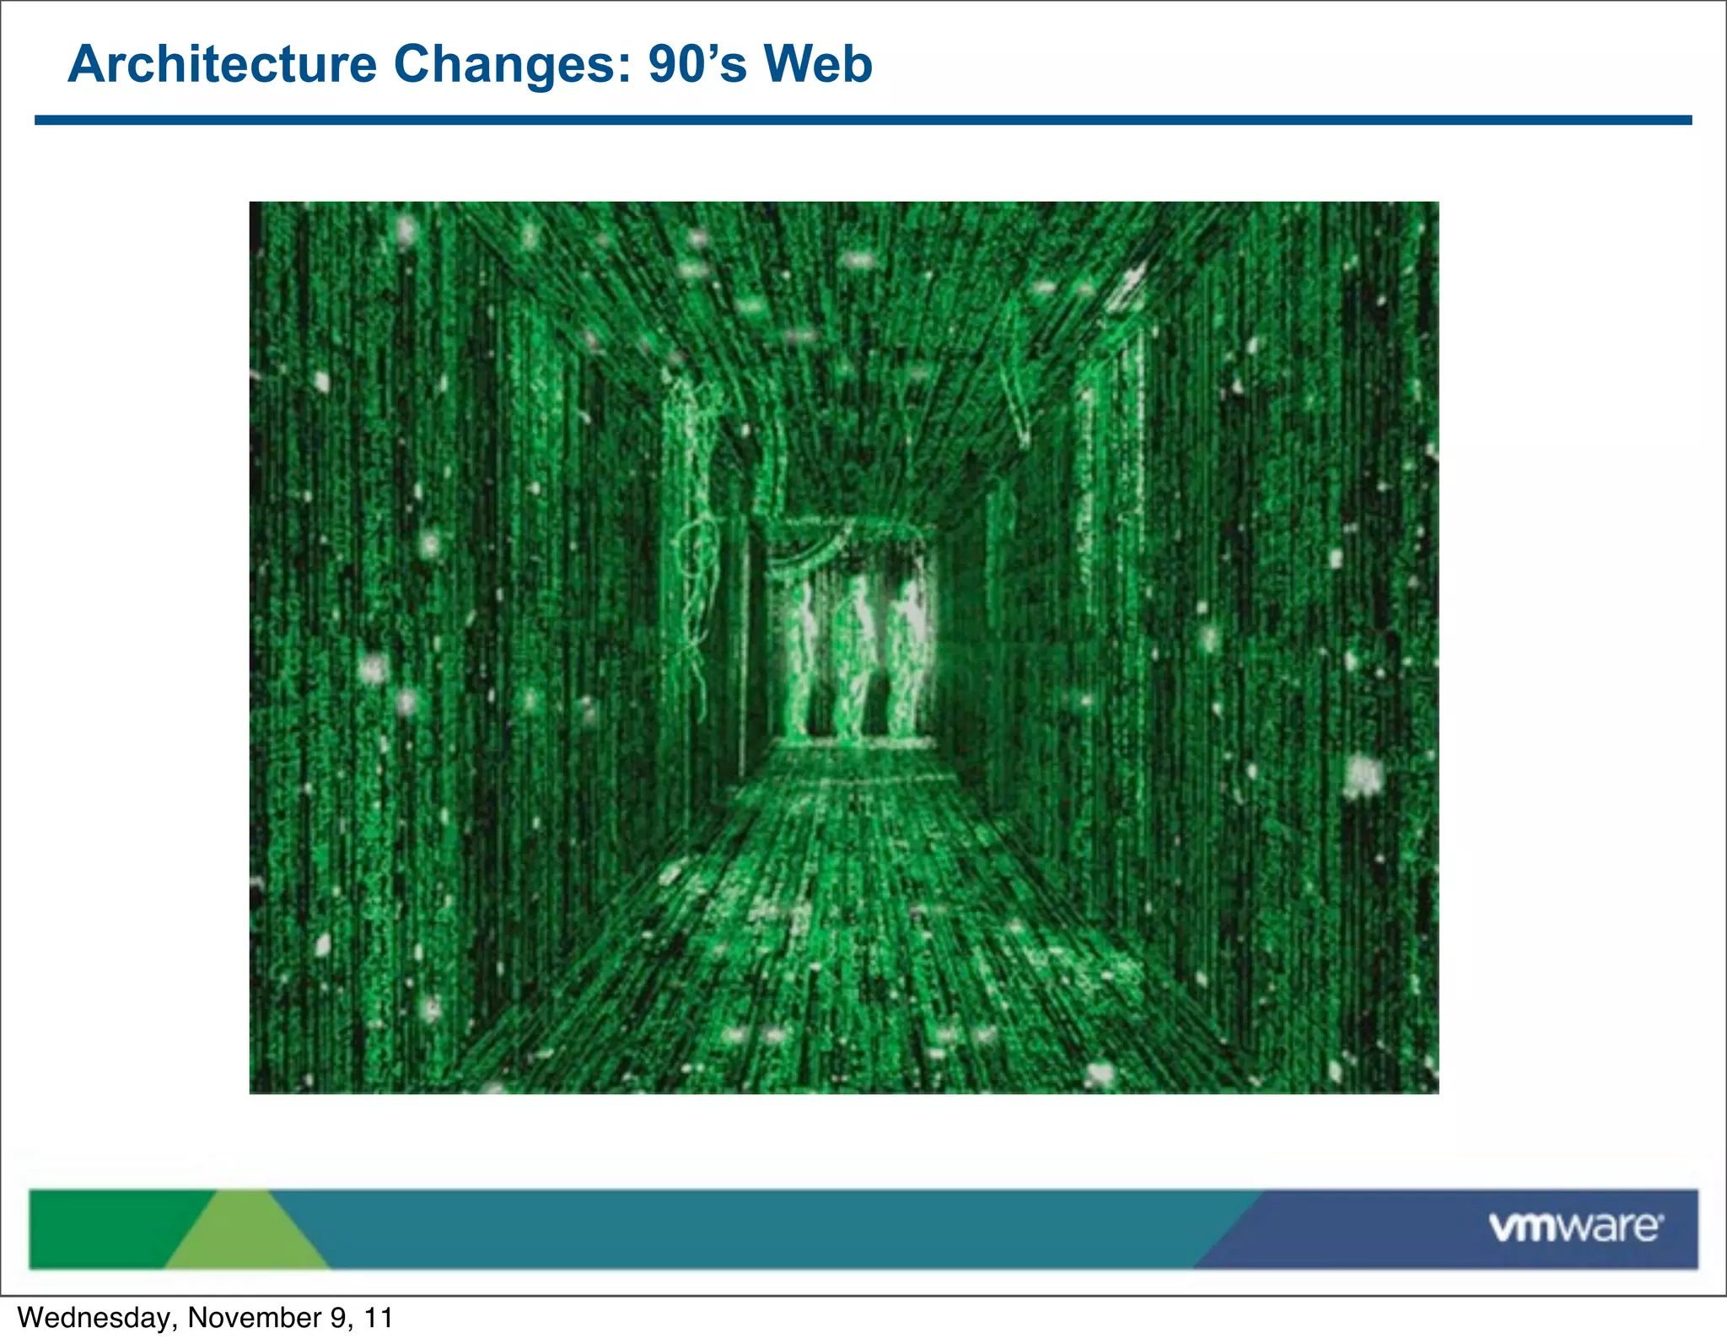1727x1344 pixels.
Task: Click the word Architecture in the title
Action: pos(223,64)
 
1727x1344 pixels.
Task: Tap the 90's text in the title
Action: pos(697,64)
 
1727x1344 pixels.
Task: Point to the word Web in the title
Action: pos(817,64)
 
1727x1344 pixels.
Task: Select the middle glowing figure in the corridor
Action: pos(854,654)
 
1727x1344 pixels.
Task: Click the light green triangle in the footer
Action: pos(245,1236)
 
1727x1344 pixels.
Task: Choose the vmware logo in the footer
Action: pos(1575,1227)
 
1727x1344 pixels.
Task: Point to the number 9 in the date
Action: pos(340,1318)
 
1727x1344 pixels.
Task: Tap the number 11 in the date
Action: pos(379,1318)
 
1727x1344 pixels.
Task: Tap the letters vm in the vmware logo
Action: pos(1522,1228)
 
